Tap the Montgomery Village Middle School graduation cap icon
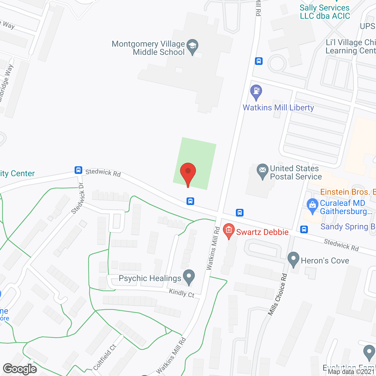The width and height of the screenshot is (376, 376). [192, 46]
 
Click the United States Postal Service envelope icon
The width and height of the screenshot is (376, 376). [262, 171]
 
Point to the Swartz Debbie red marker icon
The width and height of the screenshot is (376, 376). [229, 231]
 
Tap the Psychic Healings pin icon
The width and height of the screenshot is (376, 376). [189, 277]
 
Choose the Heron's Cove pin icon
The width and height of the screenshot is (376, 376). [293, 259]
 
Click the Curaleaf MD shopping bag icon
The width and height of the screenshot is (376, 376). [312, 205]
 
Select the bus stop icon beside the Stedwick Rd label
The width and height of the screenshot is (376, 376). [78, 170]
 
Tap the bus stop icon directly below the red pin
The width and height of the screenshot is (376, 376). [190, 201]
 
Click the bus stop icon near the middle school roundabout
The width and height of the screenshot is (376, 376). [259, 61]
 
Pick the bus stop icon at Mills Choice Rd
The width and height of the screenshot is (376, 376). [304, 229]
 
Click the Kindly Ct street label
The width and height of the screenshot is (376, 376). [182, 293]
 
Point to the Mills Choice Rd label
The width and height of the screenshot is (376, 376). [278, 295]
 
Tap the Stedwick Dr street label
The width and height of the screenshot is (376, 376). [78, 198]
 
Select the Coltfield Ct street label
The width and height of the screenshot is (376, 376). [105, 357]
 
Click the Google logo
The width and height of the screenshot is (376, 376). [20, 369]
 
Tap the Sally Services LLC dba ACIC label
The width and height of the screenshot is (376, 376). [325, 12]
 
